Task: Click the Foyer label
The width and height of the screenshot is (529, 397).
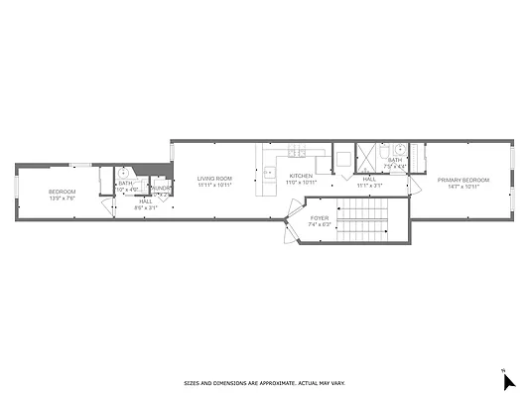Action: pyautogui.click(x=320, y=216)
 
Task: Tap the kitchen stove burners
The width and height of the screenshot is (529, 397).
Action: pyautogui.click(x=296, y=152)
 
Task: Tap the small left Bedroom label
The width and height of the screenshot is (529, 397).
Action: pyautogui.click(x=63, y=192)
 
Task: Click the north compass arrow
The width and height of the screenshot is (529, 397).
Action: pyautogui.click(x=508, y=382)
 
